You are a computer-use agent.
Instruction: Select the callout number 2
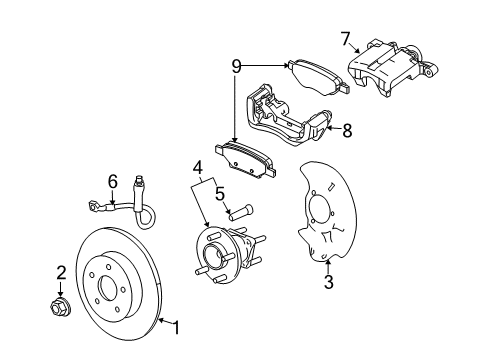(61, 272)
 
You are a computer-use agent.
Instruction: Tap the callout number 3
(327, 283)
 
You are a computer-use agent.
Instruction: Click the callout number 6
(113, 182)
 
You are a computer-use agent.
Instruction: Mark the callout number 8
(347, 130)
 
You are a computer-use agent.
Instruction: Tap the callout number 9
(236, 67)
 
